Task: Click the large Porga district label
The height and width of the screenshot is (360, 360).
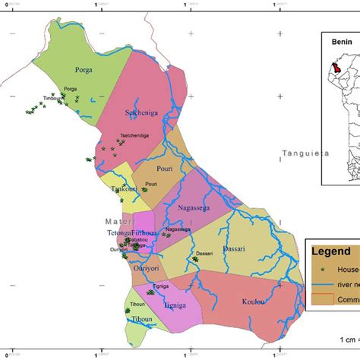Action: (x=84, y=70)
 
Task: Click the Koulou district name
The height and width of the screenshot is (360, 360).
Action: (x=255, y=302)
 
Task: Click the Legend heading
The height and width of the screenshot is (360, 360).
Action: (x=335, y=251)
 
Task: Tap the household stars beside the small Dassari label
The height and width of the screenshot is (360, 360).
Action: (x=195, y=260)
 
